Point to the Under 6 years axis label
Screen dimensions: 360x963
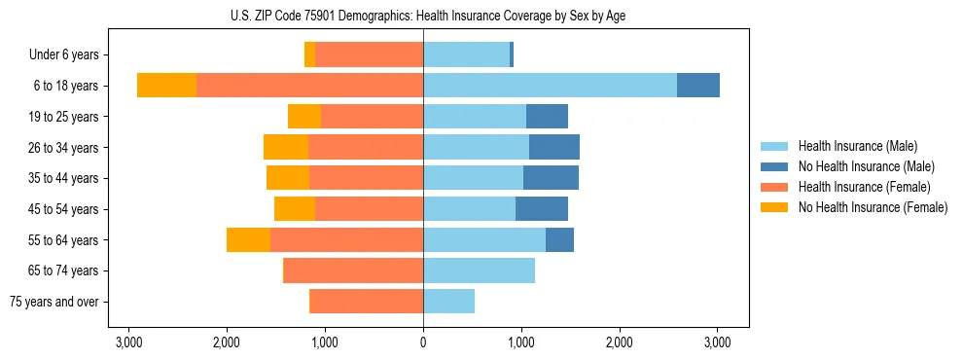coord(70,55)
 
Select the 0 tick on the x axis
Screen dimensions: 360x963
coord(423,342)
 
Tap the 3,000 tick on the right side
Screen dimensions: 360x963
coord(717,342)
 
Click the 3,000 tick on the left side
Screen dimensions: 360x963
coord(128,342)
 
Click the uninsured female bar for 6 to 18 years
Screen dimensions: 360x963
coord(166,86)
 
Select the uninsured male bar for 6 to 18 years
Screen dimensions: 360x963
coord(698,86)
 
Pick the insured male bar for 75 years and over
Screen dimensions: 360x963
coord(448,302)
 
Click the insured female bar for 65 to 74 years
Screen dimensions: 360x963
coord(353,270)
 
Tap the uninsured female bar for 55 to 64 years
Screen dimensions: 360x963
coord(248,239)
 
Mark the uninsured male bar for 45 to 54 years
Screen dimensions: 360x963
coord(542,209)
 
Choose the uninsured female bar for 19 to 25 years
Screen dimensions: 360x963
coord(304,117)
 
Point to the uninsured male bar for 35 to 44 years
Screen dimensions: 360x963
coord(551,178)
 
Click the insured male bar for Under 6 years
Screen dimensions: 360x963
coord(466,55)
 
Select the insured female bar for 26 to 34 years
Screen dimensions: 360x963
coord(366,147)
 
